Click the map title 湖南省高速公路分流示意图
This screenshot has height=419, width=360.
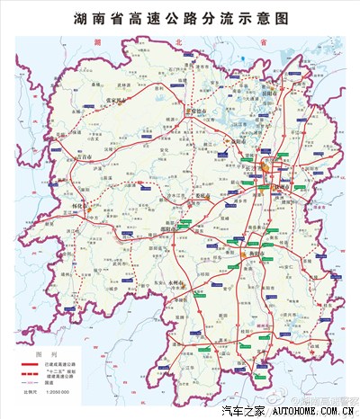click(180, 18)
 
